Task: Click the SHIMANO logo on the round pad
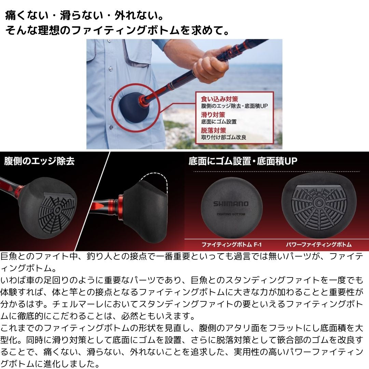tap(231, 204)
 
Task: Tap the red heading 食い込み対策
tap(219, 99)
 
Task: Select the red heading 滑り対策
tap(213, 115)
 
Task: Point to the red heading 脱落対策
tap(213, 131)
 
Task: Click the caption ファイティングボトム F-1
tap(232, 245)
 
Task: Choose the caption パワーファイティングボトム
tap(319, 245)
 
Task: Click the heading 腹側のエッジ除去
tap(39, 161)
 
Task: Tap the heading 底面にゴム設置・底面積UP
tap(243, 161)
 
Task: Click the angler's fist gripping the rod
tap(210, 67)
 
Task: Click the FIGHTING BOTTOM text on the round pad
tap(231, 214)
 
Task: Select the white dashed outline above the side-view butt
tap(154, 179)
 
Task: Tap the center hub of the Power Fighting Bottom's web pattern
tap(319, 203)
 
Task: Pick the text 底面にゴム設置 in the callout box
tap(219, 122)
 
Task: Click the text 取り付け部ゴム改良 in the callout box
tap(223, 137)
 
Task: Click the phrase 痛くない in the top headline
tap(26, 15)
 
